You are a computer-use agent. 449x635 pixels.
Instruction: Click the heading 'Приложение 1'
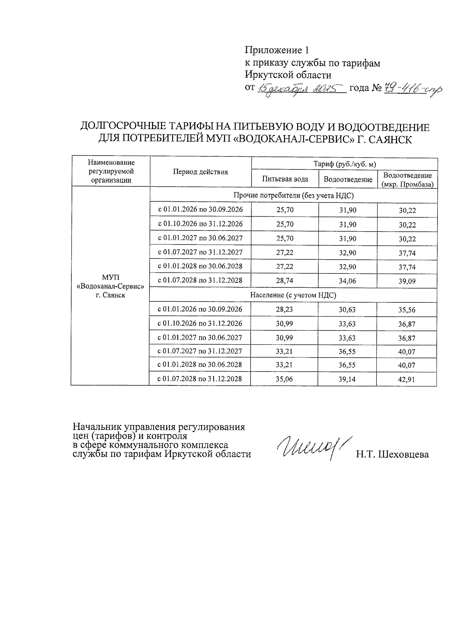point(277,50)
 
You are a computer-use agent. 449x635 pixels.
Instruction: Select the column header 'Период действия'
point(200,172)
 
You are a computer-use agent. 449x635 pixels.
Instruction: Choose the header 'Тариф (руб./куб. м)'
point(344,164)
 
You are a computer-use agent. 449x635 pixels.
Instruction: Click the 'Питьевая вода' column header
point(285,179)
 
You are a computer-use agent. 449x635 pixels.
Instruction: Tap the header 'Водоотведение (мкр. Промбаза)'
point(407,180)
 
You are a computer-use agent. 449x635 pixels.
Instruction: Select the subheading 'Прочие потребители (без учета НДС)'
point(293,195)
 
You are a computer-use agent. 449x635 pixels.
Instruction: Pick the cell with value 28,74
point(285,280)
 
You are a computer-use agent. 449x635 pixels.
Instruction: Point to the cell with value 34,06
point(348,281)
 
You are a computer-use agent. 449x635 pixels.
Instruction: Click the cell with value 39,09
point(407,281)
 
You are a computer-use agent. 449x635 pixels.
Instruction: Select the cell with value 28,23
point(284,309)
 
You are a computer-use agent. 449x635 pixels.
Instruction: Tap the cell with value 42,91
point(407,379)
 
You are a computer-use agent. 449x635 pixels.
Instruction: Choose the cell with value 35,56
point(407,310)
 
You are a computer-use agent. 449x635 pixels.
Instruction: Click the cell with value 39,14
point(347,379)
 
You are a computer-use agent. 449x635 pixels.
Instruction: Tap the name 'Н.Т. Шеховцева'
point(392,455)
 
